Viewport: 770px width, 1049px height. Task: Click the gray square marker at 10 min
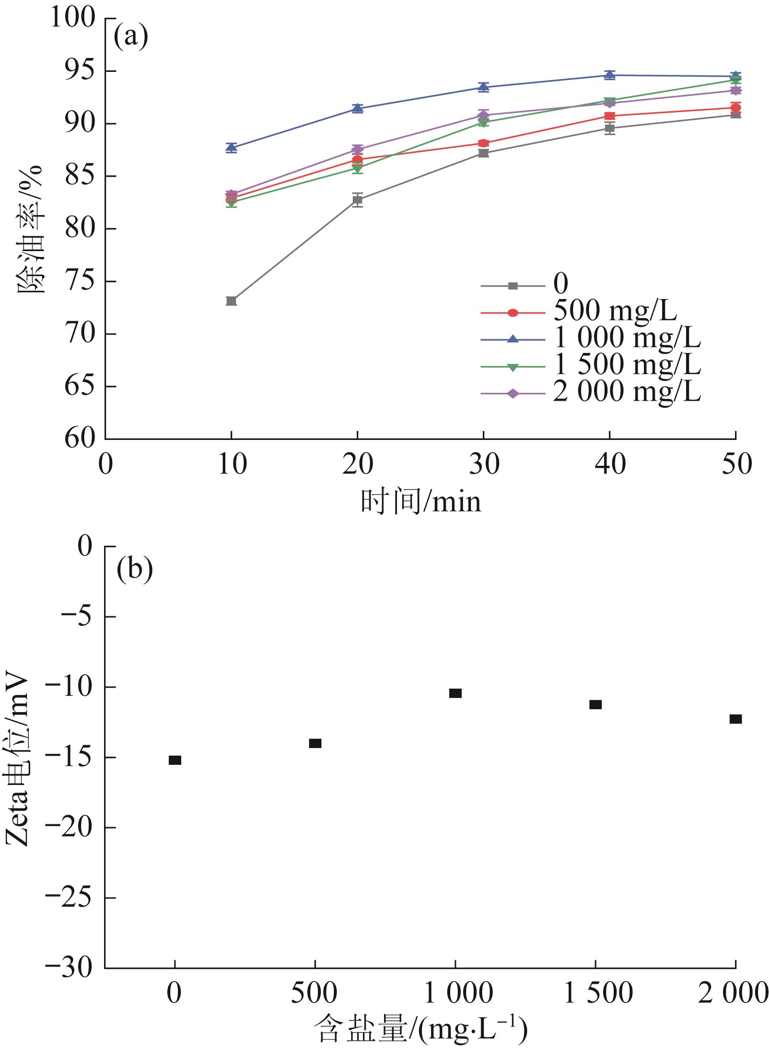[231, 301]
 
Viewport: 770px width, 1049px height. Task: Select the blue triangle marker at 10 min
[231, 148]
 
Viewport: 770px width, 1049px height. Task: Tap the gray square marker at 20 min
[357, 199]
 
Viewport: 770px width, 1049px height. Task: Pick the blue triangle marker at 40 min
[609, 75]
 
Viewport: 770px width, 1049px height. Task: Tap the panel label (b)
[134, 570]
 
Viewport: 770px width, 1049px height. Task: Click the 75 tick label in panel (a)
[80, 282]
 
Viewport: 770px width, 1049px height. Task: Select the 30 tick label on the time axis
[483, 464]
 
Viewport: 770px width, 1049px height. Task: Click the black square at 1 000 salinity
[455, 693]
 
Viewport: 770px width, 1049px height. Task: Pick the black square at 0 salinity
[175, 760]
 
